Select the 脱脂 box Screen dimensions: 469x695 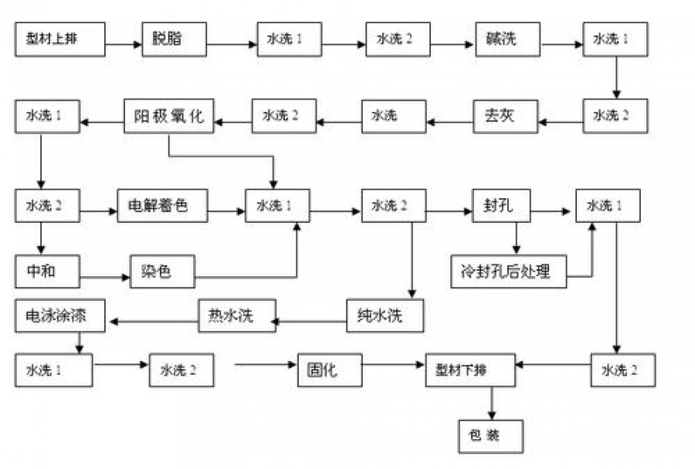pos(174,39)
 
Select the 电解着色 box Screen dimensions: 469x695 pos(164,206)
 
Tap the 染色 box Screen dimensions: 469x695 pos(161,272)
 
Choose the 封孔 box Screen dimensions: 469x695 pos(500,206)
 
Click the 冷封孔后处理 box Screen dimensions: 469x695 pos(510,272)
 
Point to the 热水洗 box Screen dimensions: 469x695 pos(236,316)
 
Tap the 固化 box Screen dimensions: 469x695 pos(330,369)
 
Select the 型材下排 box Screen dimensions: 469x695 pos(471,369)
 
